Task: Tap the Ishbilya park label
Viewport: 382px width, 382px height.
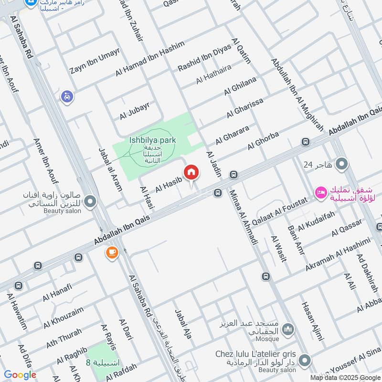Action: [152, 140]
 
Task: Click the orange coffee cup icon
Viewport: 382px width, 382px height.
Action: [112, 253]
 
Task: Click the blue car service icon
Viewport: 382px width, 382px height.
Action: [67, 96]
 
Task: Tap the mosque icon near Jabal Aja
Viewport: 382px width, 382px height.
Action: [287, 329]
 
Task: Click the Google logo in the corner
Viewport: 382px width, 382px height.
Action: [20, 375]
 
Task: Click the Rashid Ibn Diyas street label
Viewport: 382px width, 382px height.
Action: [204, 58]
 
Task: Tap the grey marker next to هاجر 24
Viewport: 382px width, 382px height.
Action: [341, 165]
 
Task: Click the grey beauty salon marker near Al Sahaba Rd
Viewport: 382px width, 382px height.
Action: [89, 202]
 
